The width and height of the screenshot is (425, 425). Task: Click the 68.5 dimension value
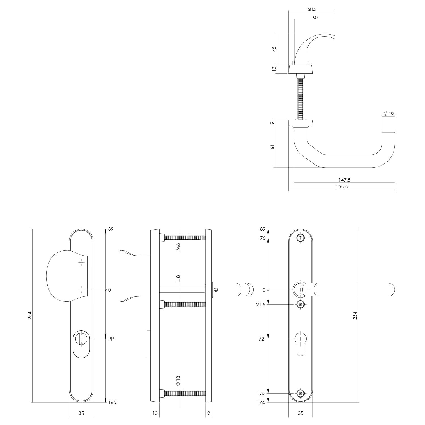312,9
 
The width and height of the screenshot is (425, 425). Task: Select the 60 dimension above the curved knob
315,18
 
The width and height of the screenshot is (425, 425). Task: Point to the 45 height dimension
274,49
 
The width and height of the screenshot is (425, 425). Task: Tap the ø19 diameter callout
389,114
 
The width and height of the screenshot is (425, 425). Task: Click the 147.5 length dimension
345,180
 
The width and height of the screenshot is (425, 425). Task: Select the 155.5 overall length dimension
342,187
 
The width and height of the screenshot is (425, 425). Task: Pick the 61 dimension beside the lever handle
273,147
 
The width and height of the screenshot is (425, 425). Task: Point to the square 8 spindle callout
178,279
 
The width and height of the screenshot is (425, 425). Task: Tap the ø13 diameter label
178,381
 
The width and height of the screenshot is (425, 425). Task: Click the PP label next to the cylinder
111,339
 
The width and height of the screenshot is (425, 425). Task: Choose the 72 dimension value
261,339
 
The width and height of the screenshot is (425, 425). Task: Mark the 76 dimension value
263,238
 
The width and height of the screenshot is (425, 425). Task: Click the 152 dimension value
262,393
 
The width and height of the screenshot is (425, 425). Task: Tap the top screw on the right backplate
301,238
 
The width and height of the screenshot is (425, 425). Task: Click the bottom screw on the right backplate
301,393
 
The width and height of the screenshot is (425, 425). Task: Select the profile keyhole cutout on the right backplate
300,343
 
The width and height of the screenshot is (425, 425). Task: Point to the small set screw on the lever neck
216,290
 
